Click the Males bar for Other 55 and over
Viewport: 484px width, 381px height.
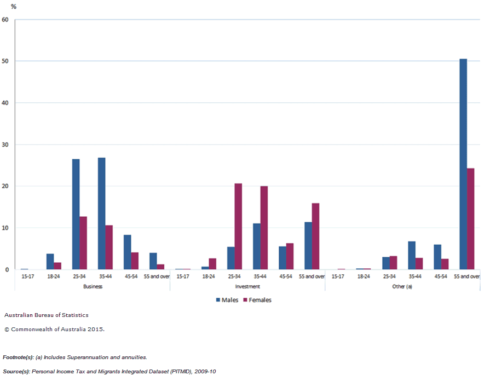tap(463, 164)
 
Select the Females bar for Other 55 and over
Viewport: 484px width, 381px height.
tap(470, 219)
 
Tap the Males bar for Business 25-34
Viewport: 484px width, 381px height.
tap(76, 214)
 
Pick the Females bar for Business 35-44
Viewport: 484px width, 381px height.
tap(109, 247)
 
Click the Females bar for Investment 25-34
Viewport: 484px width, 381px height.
tap(238, 227)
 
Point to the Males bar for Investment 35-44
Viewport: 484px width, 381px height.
tap(257, 246)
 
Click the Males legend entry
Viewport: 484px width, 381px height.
tap(227, 300)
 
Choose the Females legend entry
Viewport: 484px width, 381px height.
tap(257, 300)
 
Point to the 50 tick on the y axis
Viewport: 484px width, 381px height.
tap(5, 61)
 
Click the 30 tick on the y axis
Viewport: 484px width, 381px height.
tap(5, 145)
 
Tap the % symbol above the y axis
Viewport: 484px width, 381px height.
tap(13, 7)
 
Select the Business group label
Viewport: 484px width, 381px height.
tap(93, 286)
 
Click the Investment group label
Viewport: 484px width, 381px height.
tap(247, 286)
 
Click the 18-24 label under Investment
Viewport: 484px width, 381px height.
tap(208, 276)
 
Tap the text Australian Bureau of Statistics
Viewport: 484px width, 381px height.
tap(46, 315)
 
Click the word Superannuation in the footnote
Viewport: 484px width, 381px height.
tap(90, 357)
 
